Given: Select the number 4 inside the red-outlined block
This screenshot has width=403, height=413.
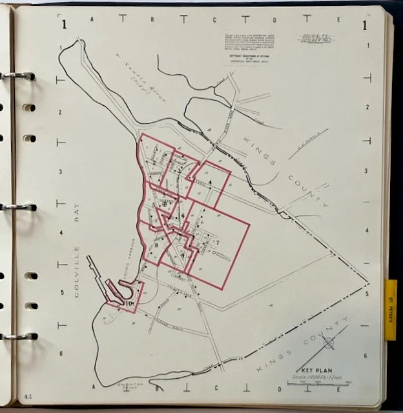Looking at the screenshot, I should click(x=209, y=182).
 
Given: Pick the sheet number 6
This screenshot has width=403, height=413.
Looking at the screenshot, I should click(x=183, y=216).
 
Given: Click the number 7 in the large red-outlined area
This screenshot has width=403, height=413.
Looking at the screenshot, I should click(x=218, y=242).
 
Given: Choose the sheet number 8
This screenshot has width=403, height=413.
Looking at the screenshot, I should click(x=156, y=245).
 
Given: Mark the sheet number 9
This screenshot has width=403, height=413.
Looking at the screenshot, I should click(x=183, y=256).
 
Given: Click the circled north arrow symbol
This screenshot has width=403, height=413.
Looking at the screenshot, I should click(x=328, y=343).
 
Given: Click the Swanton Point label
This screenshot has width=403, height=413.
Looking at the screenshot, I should click(x=129, y=385).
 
